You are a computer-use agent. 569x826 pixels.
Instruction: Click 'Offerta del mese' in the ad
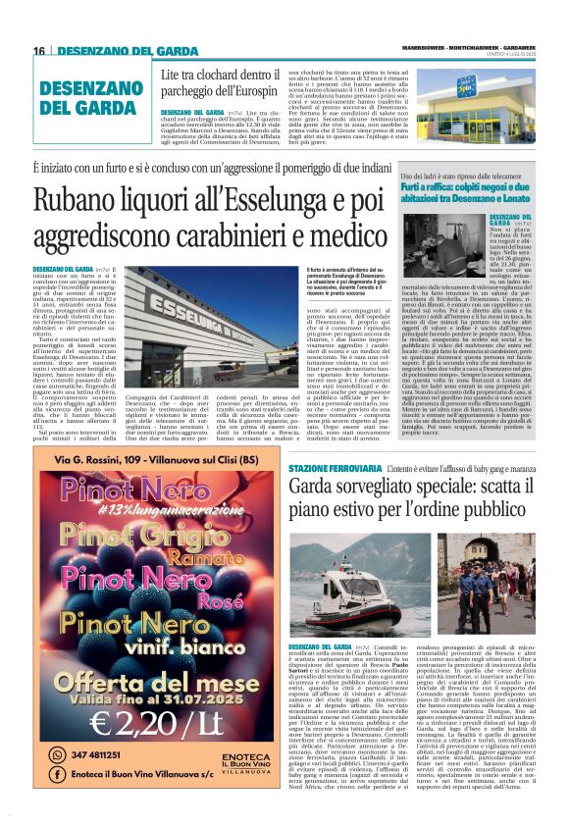[x=140, y=674]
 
